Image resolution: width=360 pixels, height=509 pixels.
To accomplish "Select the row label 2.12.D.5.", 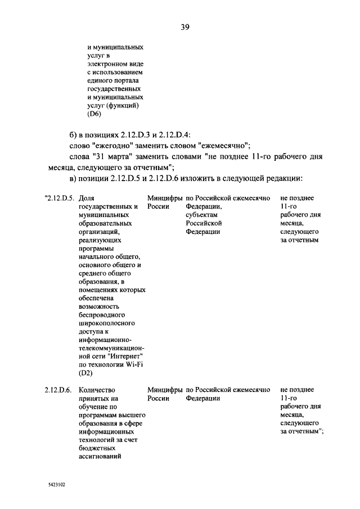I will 60,199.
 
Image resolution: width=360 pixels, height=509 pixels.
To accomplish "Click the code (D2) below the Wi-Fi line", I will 86,372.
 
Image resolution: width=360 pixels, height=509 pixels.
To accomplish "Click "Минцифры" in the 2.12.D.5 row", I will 164,199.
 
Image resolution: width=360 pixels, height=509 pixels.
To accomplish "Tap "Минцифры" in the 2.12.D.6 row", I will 164,390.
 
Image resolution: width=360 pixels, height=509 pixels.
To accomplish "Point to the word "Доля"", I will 87,199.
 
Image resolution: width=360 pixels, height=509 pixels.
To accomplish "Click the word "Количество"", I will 97,390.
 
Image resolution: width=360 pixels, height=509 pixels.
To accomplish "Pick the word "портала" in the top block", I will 127,81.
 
